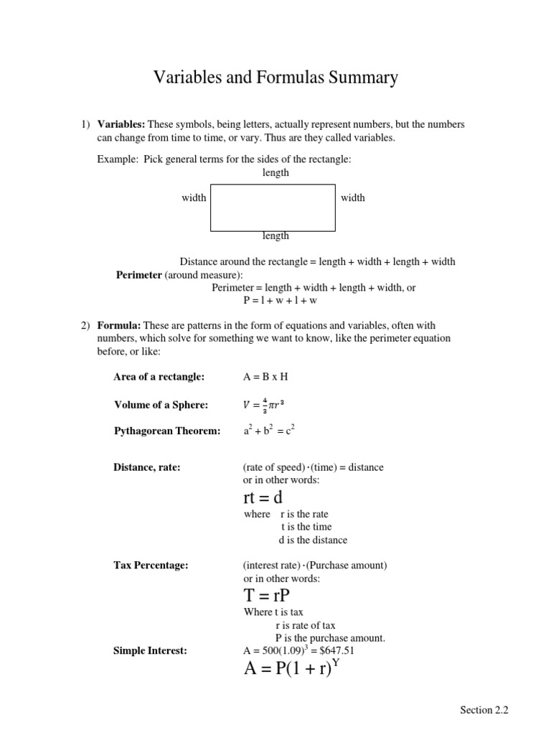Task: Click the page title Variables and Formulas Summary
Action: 275,78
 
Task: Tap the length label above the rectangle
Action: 275,172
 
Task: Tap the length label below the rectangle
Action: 275,235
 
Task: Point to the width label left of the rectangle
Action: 194,197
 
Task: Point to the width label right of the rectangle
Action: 352,197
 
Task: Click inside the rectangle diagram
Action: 273,207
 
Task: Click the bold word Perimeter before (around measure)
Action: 139,275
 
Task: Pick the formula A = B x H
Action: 265,377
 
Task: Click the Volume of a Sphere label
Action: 161,405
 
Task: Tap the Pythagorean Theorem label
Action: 167,431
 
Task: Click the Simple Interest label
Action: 150,650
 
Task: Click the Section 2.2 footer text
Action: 484,710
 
